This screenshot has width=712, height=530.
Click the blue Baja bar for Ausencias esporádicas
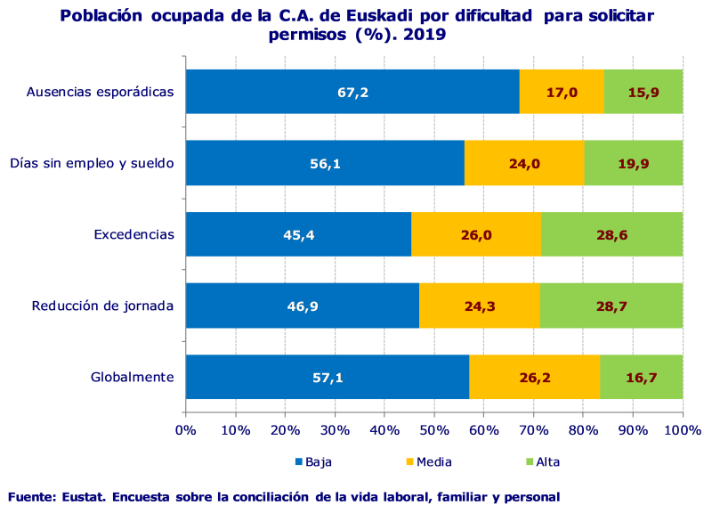[352, 92]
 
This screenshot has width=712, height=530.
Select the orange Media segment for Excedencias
[475, 234]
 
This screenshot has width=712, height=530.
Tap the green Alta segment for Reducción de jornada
[611, 306]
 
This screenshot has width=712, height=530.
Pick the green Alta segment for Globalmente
[641, 377]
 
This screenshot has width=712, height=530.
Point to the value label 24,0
[525, 163]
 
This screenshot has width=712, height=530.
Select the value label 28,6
[611, 234]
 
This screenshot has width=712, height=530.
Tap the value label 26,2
[534, 378]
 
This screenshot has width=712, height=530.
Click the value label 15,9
[643, 92]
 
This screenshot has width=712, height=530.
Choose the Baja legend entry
[312, 461]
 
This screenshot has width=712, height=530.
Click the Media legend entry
[430, 461]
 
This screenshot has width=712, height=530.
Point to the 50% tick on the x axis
[433, 431]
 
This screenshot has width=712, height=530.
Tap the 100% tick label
[683, 431]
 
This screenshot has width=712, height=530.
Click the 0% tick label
[185, 431]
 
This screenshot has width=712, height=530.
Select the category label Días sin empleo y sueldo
[92, 163]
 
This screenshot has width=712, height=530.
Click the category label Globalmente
[132, 377]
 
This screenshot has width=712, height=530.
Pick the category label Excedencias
[133, 234]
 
